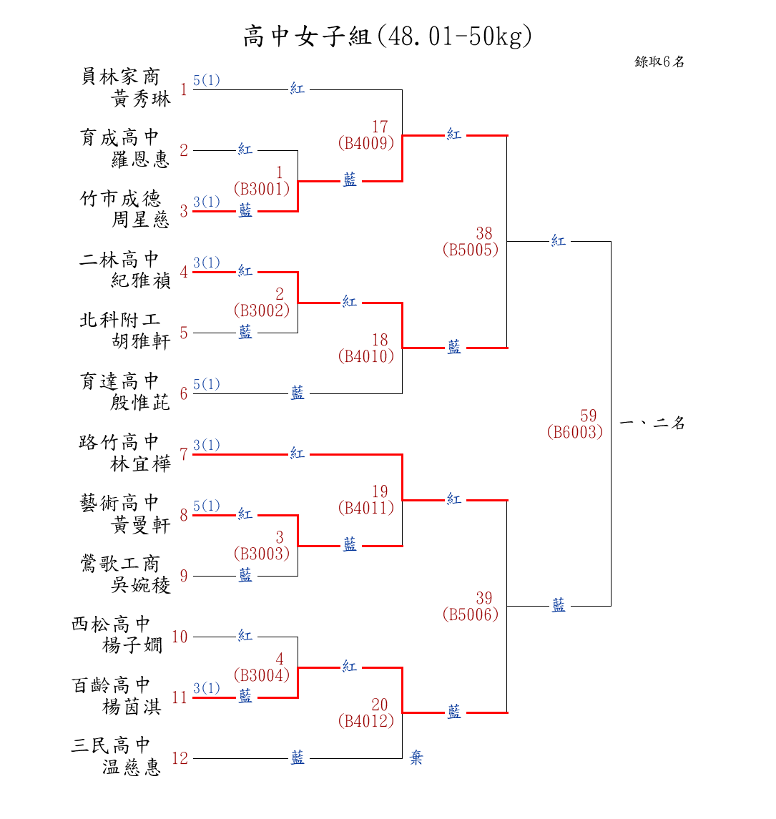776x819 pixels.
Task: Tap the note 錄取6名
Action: (659, 62)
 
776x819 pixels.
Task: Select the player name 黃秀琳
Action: (141, 99)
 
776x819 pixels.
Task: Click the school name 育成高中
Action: (119, 137)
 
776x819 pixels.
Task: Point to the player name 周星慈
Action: (141, 220)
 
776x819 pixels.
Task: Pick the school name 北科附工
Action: (119, 320)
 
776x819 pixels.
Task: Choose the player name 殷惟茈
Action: (141, 402)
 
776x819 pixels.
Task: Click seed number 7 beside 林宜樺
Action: (184, 455)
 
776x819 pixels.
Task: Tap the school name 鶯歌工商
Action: (119, 564)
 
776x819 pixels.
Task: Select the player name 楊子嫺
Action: (132, 645)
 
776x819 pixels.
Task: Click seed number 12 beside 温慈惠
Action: (180, 759)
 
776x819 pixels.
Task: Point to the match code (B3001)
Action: (262, 189)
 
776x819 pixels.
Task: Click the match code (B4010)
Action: (366, 356)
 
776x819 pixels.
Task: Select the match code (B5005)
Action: (471, 250)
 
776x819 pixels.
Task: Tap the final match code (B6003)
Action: (575, 432)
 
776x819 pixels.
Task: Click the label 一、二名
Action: (652, 423)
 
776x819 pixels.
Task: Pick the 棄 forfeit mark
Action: (416, 758)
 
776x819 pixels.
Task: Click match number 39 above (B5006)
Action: (484, 599)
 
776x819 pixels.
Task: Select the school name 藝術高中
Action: (119, 503)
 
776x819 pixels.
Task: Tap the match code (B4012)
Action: (366, 721)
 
